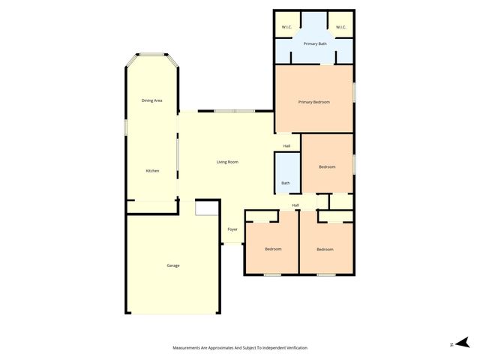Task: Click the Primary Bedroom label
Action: point(313,102)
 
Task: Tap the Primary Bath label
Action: point(313,44)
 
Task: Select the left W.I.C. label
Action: point(286,28)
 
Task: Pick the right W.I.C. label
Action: point(340,28)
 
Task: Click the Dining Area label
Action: point(152,100)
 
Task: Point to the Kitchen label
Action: point(152,171)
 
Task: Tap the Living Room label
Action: point(227,162)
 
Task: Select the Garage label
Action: point(172,265)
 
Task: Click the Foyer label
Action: point(232,229)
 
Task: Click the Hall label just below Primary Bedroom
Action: point(286,145)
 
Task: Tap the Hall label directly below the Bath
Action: point(295,205)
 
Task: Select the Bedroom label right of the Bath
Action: point(326,166)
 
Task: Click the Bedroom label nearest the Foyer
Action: point(273,249)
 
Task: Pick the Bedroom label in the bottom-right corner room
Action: point(325,249)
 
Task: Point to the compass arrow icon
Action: point(463,342)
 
